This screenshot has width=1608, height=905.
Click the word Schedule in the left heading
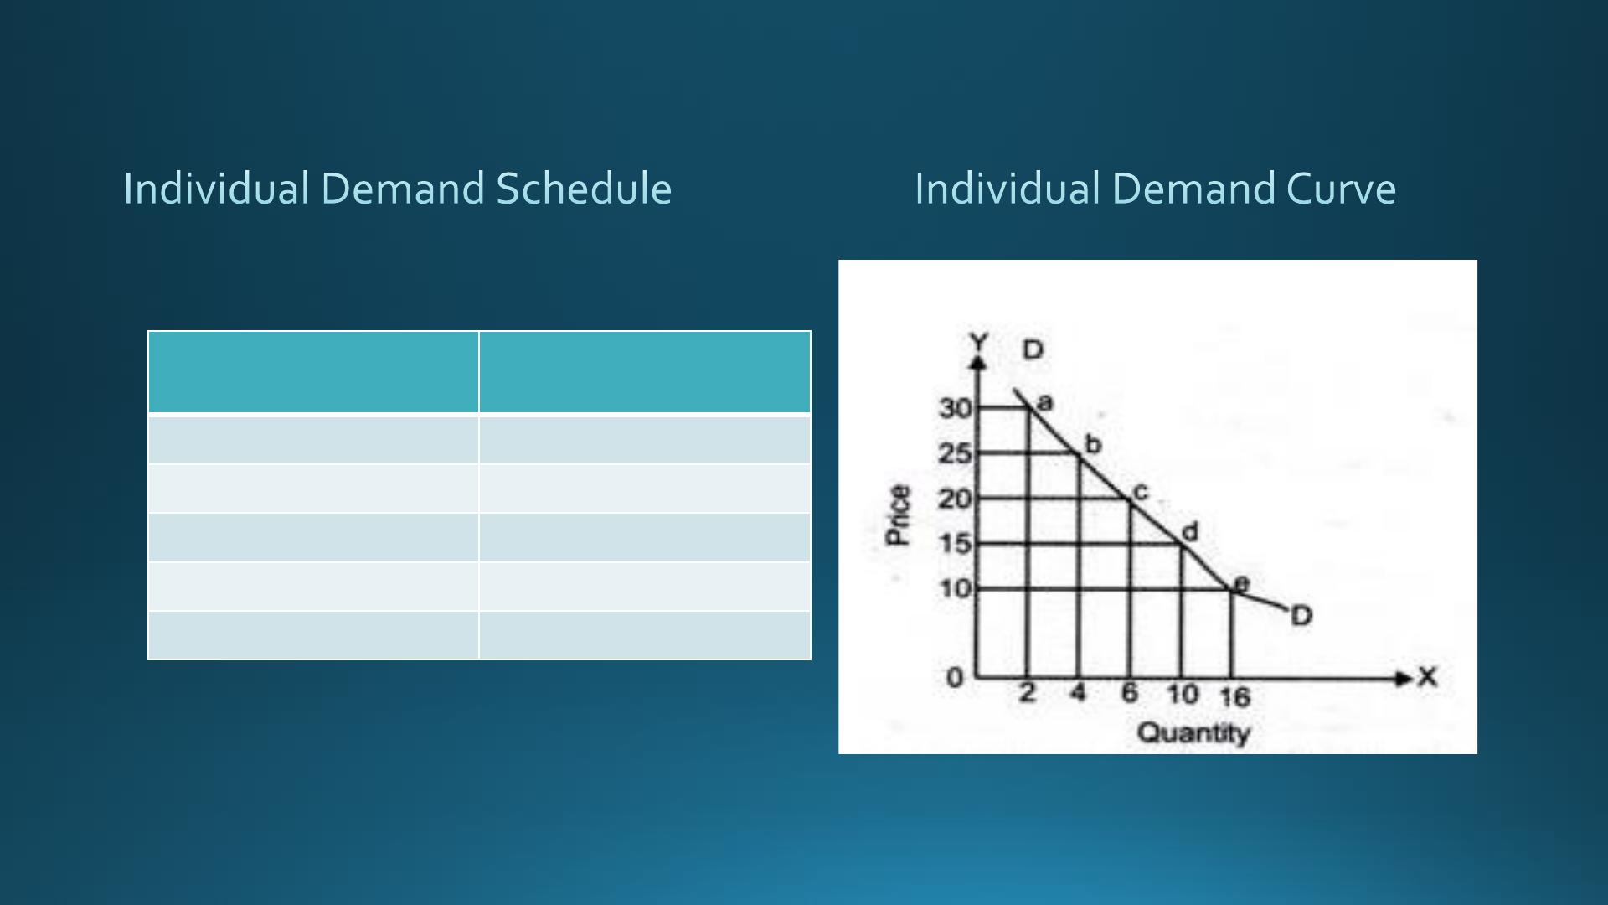tap(584, 189)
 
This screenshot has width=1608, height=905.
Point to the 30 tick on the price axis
tap(955, 409)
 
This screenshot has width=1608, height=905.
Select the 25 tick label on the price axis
tap(955, 454)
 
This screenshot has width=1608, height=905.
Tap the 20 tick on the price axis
tap(955, 499)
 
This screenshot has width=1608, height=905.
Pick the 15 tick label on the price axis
tap(955, 544)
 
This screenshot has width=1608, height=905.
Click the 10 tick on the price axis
tap(955, 588)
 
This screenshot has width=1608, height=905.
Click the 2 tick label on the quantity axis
tap(1028, 693)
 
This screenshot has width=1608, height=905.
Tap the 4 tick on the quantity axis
tap(1078, 693)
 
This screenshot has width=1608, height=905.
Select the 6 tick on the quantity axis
tap(1130, 693)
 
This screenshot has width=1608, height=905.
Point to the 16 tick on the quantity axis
tap(1234, 696)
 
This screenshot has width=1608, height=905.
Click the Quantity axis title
tap(1193, 733)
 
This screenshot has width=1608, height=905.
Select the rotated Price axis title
tap(898, 515)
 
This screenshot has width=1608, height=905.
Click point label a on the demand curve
tap(1044, 403)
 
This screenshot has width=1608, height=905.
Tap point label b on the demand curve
tap(1093, 444)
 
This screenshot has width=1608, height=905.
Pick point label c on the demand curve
tap(1140, 493)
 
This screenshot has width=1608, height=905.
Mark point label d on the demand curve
tap(1190, 531)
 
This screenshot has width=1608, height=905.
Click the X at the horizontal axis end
tap(1427, 677)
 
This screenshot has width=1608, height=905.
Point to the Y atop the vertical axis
tap(979, 342)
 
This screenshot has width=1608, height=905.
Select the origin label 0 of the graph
tap(955, 678)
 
